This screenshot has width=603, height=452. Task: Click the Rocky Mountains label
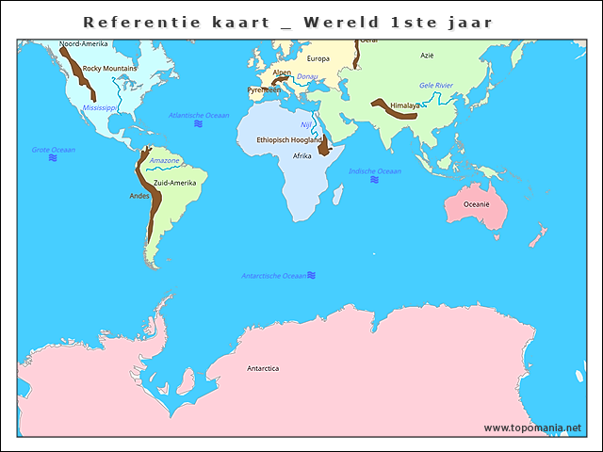coord(109,69)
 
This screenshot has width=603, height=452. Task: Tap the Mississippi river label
coord(100,108)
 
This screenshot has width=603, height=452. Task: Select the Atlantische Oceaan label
coord(199,115)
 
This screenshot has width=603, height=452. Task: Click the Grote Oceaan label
coord(54,150)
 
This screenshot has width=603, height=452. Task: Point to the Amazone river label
coord(165,161)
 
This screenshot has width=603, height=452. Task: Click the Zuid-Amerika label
coord(174,183)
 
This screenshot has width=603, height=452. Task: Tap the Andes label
coord(139,196)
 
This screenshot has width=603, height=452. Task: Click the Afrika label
coord(302,155)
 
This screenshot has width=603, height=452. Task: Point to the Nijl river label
coord(306,124)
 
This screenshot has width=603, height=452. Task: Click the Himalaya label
coord(405,105)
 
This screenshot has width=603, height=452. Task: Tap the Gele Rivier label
coord(436,86)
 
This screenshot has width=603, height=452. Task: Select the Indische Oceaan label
coord(375,171)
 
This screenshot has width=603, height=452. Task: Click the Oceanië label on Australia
coord(476,203)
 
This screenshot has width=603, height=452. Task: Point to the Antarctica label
coord(263,368)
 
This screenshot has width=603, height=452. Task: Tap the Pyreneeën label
coord(264,90)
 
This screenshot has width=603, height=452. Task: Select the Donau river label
coord(307,76)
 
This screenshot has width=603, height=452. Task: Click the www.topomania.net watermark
coord(532,428)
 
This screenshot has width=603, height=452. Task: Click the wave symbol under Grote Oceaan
coord(53,159)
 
